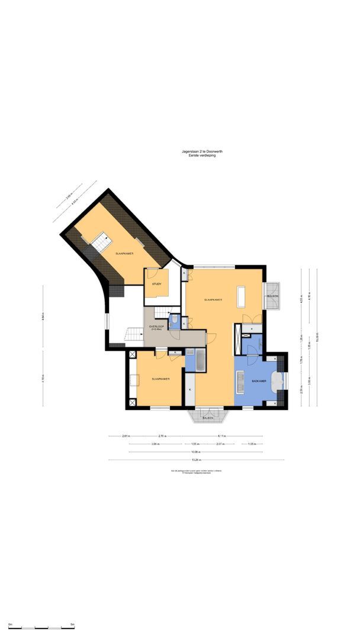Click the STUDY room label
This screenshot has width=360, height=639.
[156, 284]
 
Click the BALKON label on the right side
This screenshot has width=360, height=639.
[272, 295]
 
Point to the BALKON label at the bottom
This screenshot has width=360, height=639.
[207, 418]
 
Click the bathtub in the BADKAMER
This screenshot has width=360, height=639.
[278, 383]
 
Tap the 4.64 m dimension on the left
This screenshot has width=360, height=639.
[44, 318]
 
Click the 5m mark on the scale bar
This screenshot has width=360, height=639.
[72, 625]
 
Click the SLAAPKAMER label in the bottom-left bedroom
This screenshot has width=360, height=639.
[157, 379]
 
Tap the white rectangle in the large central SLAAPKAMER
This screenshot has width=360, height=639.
[241, 296]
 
